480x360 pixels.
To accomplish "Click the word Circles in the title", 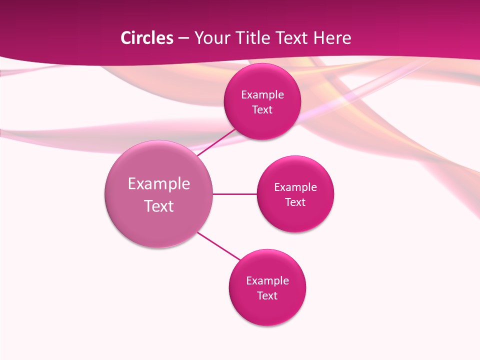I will pyautogui.click(x=146, y=38).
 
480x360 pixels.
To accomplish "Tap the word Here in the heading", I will pyautogui.click(x=332, y=38).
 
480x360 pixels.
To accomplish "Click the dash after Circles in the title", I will pyautogui.click(x=183, y=38).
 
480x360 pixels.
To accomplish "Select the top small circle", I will pyautogui.click(x=262, y=125).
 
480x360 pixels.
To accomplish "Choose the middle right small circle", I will pyautogui.click(x=295, y=217).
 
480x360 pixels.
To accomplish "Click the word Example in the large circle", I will pyautogui.click(x=159, y=184).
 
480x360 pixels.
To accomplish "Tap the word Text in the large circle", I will pyautogui.click(x=159, y=206).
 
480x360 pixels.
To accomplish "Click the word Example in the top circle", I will pyautogui.click(x=262, y=95).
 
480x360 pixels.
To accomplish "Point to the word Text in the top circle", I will pyautogui.click(x=262, y=110).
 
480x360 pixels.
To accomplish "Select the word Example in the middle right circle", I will pyautogui.click(x=295, y=187).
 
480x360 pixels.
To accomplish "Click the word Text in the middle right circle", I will pyautogui.click(x=295, y=202).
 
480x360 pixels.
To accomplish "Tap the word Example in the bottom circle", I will pyautogui.click(x=267, y=281).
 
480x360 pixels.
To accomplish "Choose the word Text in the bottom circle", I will pyautogui.click(x=267, y=296).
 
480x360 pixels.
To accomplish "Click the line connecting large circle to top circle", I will pyautogui.click(x=216, y=142).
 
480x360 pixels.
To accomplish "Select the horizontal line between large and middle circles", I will pyautogui.click(x=235, y=194).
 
